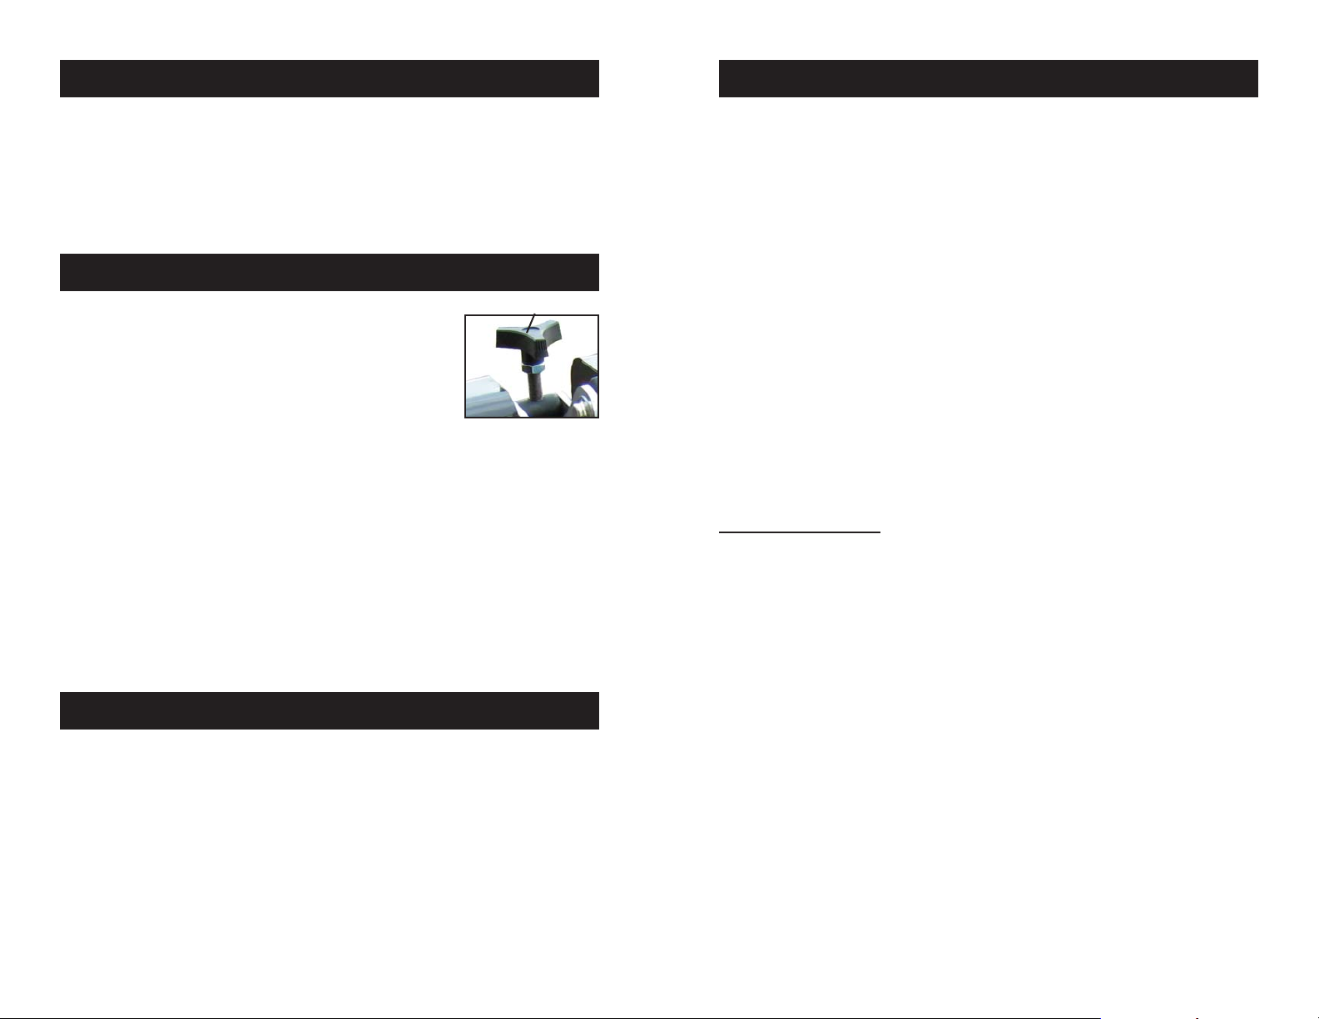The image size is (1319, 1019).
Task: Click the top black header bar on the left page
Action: coord(329,78)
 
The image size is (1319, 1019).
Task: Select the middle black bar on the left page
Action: coord(329,272)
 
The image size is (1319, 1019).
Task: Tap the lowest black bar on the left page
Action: coord(329,710)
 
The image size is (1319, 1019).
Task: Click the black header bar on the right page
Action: coord(988,78)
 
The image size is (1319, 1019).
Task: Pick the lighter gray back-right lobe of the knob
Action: coord(552,333)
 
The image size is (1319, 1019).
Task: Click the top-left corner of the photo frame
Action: coord(465,315)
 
